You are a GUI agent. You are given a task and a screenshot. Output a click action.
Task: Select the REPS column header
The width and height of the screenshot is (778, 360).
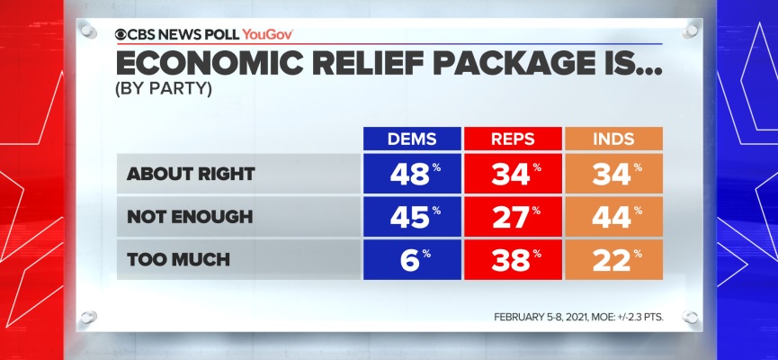click(512, 139)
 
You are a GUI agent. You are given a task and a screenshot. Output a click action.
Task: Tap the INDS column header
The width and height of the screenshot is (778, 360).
click(613, 139)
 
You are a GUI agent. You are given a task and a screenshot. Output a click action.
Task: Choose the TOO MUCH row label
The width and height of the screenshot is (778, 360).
click(167, 260)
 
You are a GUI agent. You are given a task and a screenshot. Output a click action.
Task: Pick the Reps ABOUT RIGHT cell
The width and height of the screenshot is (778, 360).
click(512, 173)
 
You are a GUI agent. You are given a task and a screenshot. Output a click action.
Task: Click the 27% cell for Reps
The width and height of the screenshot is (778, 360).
click(512, 217)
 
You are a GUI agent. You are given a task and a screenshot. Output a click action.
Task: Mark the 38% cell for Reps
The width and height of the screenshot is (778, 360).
click(512, 260)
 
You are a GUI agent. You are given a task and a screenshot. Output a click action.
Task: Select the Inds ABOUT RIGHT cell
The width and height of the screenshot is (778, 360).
click(613, 173)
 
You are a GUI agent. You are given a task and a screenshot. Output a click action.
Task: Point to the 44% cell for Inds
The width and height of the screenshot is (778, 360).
click(613, 217)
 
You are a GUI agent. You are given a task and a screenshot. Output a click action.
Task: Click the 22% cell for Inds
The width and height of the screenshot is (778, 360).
click(613, 260)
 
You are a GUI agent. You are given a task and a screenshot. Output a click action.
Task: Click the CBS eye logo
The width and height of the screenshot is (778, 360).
click(121, 34)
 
